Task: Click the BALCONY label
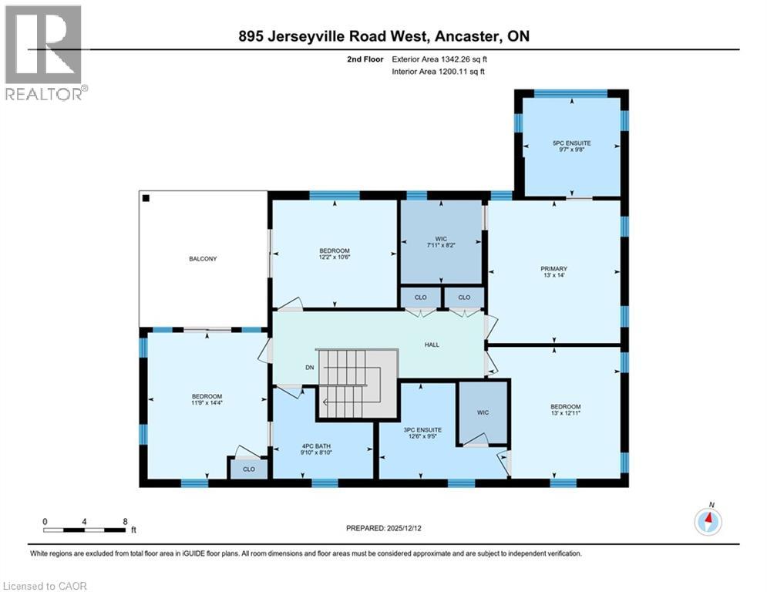coord(203,259)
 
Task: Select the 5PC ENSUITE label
coord(571,143)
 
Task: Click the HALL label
coord(432,345)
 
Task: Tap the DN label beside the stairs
coord(310,368)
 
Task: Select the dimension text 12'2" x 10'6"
coord(335,259)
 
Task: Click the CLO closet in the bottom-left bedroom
coord(247,468)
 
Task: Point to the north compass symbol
coord(708,521)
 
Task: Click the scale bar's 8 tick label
coord(125,521)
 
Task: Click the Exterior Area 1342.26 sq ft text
coord(439,59)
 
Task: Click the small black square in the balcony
coord(145,197)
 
